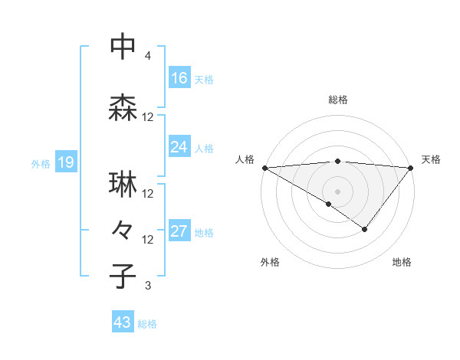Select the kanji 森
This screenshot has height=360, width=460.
coord(123,106)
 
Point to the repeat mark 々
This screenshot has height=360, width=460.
coord(123,230)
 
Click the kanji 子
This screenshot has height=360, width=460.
coord(123,275)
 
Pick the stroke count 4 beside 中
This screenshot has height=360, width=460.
coord(148,56)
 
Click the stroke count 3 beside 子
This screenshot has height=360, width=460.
coord(148,286)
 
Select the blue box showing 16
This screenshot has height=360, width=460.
coord(179,77)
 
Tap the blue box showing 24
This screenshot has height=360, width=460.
coord(179,147)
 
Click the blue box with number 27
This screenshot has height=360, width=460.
coord(179,231)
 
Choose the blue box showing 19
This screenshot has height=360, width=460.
coord(65,162)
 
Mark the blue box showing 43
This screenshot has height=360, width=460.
coord(123,323)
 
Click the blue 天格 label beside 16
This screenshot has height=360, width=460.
coord(204,79)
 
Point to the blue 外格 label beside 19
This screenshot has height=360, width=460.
coord(41,163)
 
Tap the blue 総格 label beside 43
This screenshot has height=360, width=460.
coord(147,324)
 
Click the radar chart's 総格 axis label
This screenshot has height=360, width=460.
coord(337,100)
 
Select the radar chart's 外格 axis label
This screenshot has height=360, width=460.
coord(270,262)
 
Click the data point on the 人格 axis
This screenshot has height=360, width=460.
coord(264,168)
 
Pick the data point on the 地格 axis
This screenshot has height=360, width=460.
coord(365,229)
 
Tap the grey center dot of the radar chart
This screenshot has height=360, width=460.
coord(337,191)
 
